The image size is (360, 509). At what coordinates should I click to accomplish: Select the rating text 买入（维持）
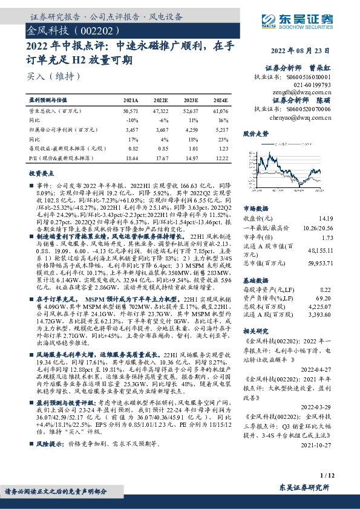pyautogui.click(x=54, y=77)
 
